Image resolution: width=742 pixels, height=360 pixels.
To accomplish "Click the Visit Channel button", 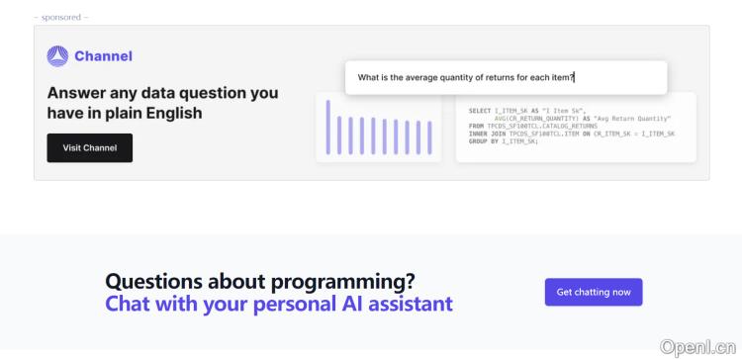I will (x=90, y=148).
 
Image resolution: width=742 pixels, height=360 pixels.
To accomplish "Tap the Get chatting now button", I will (x=594, y=292).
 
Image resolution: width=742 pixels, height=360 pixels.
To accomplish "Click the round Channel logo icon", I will (x=57, y=56).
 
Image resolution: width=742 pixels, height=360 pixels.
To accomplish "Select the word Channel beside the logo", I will (x=103, y=56).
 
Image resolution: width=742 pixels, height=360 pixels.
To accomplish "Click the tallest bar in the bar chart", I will (x=328, y=128).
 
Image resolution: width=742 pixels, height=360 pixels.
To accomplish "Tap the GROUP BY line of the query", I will (x=504, y=140).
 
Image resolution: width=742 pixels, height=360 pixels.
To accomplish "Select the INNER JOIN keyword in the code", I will (x=487, y=133).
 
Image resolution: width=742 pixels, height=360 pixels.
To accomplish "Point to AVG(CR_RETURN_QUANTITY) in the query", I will (x=540, y=118).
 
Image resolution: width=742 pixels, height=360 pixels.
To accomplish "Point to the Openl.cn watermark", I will (x=698, y=346).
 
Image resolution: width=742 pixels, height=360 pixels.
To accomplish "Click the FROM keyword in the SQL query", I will (x=477, y=126).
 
